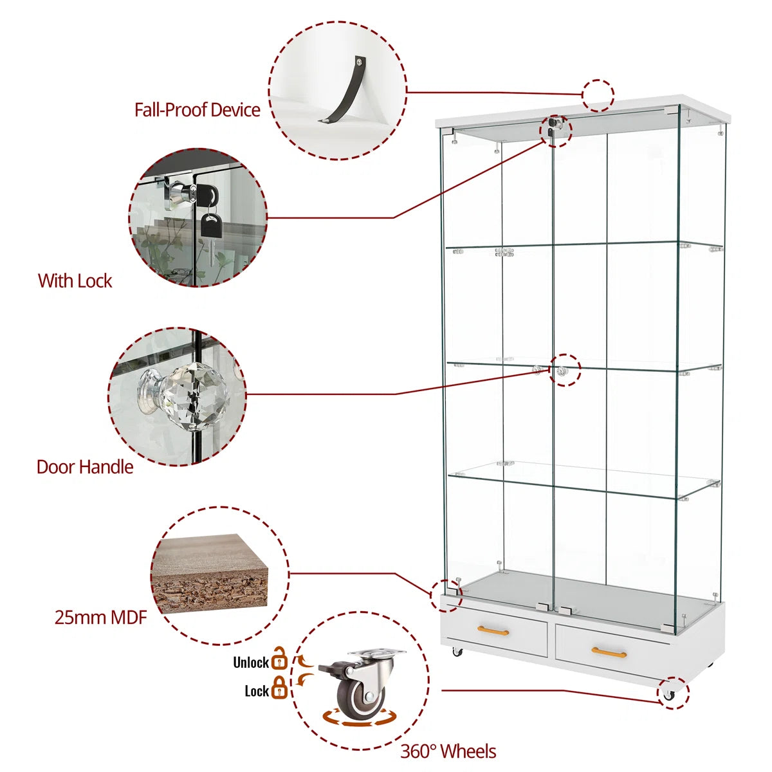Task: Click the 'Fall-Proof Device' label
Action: [197, 110]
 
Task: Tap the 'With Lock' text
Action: [75, 281]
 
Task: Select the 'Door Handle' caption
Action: [85, 467]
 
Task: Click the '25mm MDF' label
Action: [101, 618]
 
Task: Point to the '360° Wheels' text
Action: [448, 751]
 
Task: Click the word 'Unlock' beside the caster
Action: [251, 663]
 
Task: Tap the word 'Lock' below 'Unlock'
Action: [257, 691]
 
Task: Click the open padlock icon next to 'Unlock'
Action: [279, 659]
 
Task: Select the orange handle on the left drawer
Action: [493, 630]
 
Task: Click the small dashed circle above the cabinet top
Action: [598, 95]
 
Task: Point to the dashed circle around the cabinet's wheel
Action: [673, 694]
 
